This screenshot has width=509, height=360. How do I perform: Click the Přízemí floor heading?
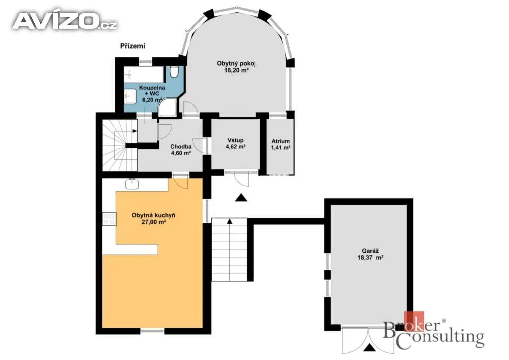(132, 46)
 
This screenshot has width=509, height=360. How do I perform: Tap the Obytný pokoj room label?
(236, 63)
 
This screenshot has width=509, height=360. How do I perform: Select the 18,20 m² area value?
(236, 70)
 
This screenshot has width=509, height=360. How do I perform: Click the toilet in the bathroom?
(174, 72)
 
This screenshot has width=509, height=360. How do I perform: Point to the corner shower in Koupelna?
(168, 107)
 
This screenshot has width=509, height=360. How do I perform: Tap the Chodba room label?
(181, 147)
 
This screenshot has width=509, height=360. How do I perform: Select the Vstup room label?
(235, 140)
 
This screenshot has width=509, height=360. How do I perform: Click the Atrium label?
(280, 141)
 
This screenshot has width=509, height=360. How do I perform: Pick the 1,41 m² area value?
(280, 148)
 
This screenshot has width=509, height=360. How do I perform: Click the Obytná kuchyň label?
(154, 215)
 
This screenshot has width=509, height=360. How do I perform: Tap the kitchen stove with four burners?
(109, 219)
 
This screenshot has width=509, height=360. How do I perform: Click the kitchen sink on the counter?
(132, 184)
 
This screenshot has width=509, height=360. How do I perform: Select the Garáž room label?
(370, 251)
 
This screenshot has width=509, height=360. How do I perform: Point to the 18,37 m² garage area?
(370, 258)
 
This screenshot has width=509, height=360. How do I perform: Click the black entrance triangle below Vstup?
(241, 198)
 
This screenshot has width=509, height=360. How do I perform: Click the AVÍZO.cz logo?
(65, 21)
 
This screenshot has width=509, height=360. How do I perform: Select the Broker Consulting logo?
(433, 331)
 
